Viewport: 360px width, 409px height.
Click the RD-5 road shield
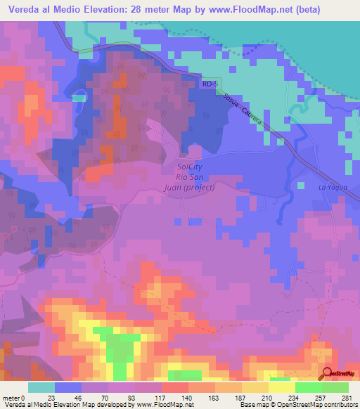(210, 84)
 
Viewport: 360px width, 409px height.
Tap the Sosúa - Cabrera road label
(244, 112)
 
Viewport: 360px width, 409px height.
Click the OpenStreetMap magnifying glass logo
(328, 374)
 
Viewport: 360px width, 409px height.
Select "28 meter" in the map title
(151, 10)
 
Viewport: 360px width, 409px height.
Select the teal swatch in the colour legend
(41, 387)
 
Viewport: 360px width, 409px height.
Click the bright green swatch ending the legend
(335, 387)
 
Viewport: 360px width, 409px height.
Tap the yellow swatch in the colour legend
(281, 387)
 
